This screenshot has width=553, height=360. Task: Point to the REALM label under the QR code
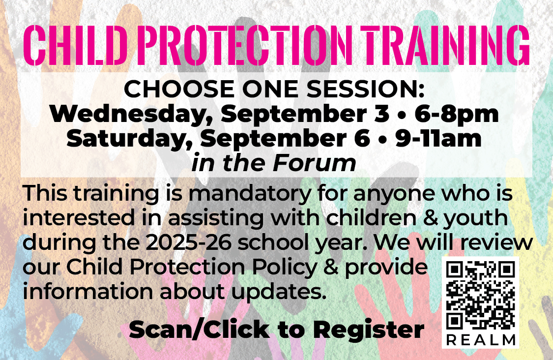pos(480,340)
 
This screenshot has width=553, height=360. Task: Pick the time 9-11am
pos(438,139)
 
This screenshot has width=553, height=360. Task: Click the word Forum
pos(314,163)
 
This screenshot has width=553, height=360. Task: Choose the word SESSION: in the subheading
pos(365,89)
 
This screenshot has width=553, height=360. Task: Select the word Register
pos(368,330)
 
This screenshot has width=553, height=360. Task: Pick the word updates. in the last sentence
pos(279,292)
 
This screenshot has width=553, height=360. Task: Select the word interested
pos(79,218)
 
